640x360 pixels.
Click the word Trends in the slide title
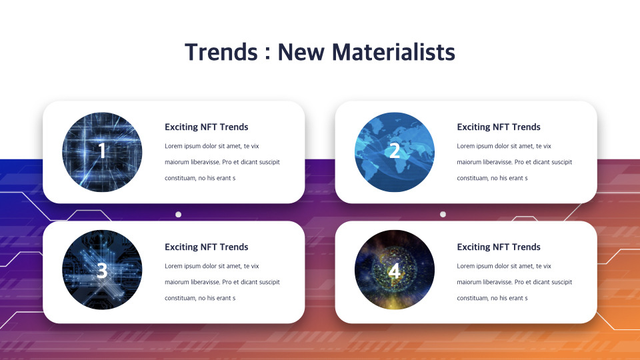click(x=219, y=52)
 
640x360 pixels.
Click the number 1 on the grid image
click(x=102, y=151)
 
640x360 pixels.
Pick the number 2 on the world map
click(x=394, y=151)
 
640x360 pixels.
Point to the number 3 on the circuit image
click(x=102, y=271)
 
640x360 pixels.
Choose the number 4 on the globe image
click(x=394, y=271)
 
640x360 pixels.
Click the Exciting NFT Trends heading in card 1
click(x=206, y=127)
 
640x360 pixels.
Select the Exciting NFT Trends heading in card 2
click(x=499, y=127)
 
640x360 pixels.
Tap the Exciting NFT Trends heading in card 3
click(x=206, y=247)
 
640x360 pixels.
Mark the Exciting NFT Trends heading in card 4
click(x=499, y=247)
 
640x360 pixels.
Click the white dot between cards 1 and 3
click(x=178, y=215)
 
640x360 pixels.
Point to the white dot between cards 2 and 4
click(x=443, y=215)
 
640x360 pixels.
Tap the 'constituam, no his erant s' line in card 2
click(x=492, y=178)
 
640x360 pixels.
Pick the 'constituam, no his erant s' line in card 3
click(x=200, y=298)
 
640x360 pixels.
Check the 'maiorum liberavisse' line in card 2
click(x=514, y=162)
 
